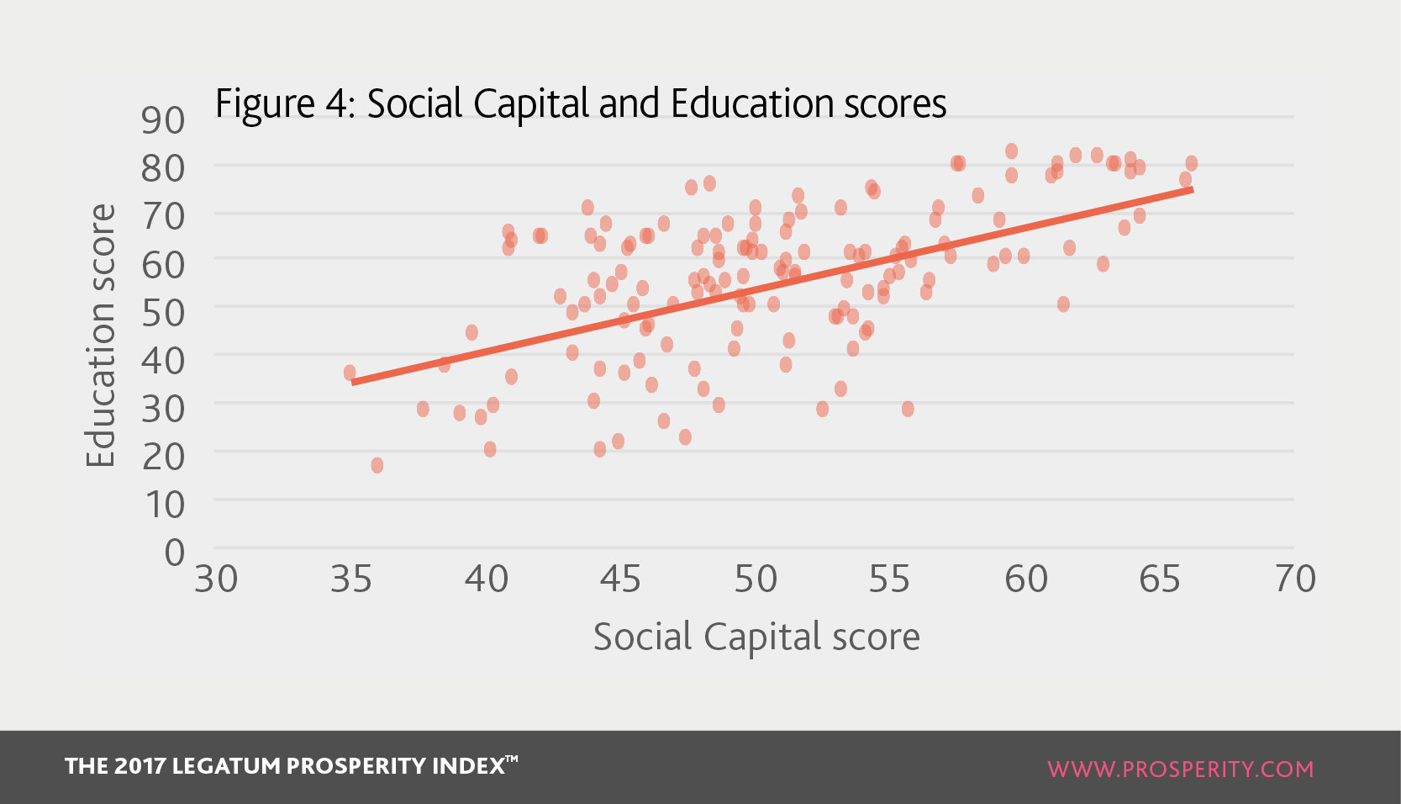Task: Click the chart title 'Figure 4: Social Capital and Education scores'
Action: (x=581, y=104)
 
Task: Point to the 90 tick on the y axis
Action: (x=162, y=119)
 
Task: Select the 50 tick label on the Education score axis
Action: (x=162, y=313)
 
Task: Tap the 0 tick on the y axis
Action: (x=175, y=553)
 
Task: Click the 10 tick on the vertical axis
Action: (x=165, y=505)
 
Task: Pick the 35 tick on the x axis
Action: (x=350, y=579)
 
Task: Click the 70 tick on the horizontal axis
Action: (x=1295, y=579)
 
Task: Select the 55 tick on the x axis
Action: (x=890, y=579)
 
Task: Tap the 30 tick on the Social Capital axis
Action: (x=216, y=579)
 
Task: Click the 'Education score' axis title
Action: (x=100, y=336)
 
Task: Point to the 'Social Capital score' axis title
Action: (x=756, y=637)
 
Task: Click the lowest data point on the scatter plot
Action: (x=377, y=466)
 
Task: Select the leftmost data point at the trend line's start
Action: (x=350, y=373)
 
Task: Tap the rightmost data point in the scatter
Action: (x=1192, y=163)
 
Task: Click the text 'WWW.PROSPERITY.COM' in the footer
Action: (x=1181, y=769)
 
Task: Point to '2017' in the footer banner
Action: (x=140, y=766)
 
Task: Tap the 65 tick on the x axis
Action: (x=1160, y=579)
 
